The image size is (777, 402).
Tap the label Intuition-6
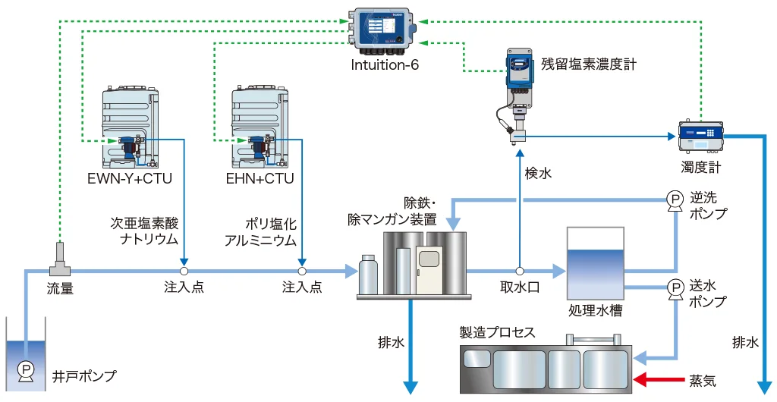tap(385, 65)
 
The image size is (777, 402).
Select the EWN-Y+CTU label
tap(131, 179)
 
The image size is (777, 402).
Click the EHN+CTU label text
tap(260, 179)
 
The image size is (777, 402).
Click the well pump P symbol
tap(25, 370)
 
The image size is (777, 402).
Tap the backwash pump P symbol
tap(674, 199)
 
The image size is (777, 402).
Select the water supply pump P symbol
tap(674, 287)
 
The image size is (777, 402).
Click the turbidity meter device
tap(700, 136)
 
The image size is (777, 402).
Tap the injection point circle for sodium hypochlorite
tap(184, 271)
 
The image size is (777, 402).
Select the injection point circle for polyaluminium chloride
tap(302, 271)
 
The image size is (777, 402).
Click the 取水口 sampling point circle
tap(520, 271)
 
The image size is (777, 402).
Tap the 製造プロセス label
tap(497, 332)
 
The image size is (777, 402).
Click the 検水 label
tap(538, 173)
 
